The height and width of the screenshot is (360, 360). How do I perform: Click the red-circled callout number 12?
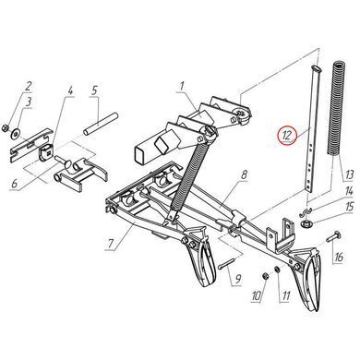[287, 135]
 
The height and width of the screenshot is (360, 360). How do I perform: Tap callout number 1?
[182, 87]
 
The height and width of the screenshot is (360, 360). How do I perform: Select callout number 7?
[112, 243]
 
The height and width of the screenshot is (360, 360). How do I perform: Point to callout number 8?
[244, 175]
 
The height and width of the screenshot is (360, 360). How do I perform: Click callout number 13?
[350, 175]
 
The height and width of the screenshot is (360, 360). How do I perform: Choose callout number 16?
[339, 257]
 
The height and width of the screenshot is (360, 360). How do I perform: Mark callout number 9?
[238, 279]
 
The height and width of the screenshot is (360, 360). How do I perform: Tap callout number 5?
[94, 90]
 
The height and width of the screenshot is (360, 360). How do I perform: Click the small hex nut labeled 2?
[5, 127]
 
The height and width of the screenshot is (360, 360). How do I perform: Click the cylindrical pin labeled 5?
[101, 124]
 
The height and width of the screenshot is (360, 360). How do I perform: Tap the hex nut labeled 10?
[264, 275]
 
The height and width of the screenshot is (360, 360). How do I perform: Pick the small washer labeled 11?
[276, 269]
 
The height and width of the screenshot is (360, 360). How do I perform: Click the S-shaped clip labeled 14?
[305, 211]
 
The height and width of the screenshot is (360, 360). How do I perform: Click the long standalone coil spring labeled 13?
[334, 108]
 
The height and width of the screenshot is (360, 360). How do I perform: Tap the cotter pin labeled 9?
[227, 264]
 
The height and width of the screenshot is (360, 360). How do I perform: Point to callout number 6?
[15, 184]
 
